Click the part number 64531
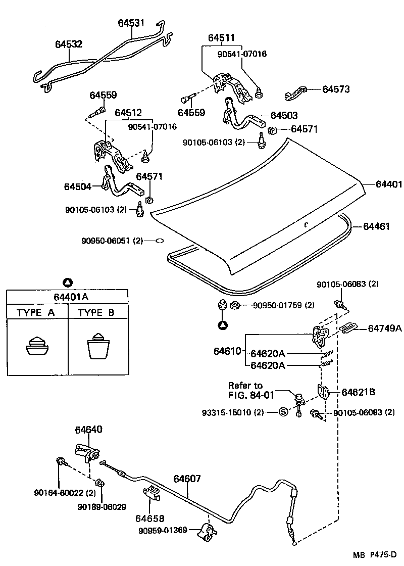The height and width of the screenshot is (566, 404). point(131,23)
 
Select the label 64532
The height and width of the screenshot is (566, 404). point(69,44)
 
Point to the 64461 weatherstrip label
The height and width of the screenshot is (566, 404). point(376,227)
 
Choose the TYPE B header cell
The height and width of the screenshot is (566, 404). point(96,312)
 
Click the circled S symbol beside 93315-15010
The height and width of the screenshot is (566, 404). point(283,412)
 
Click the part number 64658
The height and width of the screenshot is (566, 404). point(149,518)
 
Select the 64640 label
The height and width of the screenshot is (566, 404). point(88,430)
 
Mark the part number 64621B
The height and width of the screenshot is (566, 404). point(359,392)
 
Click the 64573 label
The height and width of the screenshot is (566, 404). point(336,89)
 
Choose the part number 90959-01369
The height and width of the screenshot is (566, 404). point(163,530)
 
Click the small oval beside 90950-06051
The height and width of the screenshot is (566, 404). point(158,241)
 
